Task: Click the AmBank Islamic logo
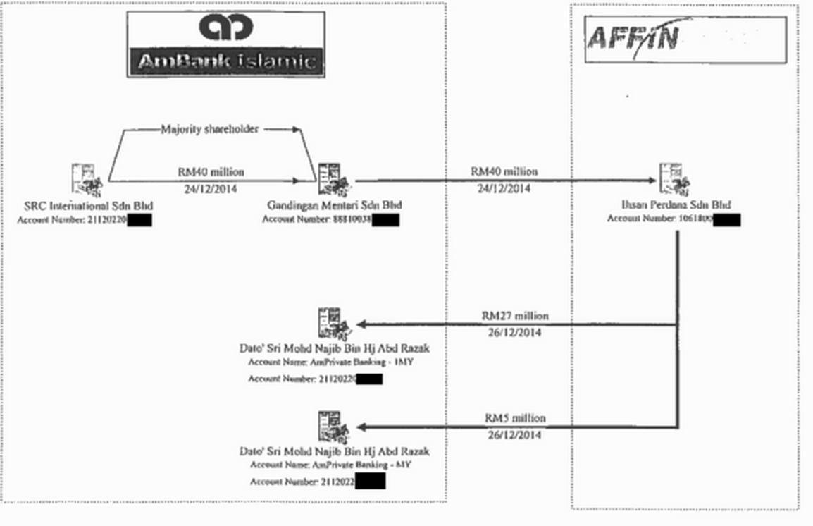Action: coord(225,44)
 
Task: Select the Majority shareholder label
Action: coord(209,129)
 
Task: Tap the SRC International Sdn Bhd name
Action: coord(88,205)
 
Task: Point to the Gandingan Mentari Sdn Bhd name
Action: coord(334,205)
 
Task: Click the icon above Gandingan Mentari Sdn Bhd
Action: coord(333,179)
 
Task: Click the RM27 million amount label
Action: coord(514,316)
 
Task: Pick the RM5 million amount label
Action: coord(514,418)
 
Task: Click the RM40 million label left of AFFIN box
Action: coord(504,171)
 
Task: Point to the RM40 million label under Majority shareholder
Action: coord(211,171)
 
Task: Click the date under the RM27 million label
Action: coord(514,332)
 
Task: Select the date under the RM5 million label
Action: coord(514,435)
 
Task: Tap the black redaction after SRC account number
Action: coord(140,220)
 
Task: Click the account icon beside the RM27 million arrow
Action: coord(333,323)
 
